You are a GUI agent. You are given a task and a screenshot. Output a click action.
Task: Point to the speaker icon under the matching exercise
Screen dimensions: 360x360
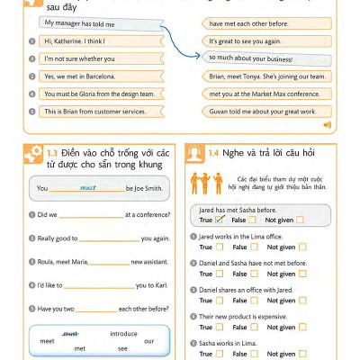[327, 124]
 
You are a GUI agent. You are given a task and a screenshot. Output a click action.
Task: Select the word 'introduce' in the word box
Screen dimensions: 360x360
[122, 333]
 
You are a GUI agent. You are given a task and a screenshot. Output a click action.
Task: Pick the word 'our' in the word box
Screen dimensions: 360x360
[148, 340]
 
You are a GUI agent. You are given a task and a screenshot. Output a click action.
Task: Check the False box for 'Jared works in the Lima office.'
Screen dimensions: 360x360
[253, 247]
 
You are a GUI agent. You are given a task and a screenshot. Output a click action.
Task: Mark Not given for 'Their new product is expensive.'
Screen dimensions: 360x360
[302, 328]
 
